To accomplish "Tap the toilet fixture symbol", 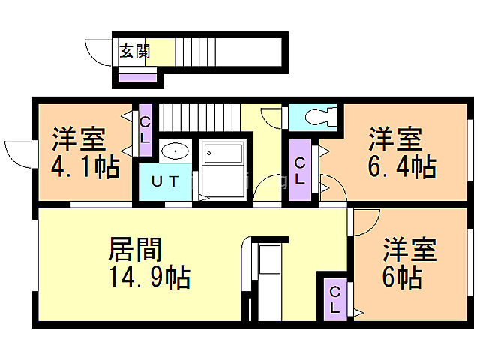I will point(314,117).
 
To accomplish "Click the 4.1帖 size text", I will point(85,166).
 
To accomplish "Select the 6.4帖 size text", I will point(402,166).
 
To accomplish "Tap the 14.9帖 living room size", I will point(148,277).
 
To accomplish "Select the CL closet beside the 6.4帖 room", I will point(299,172).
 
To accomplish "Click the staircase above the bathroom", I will point(199,117).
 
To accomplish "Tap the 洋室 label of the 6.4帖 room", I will point(394,139).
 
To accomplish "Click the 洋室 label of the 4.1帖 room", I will point(79,139).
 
